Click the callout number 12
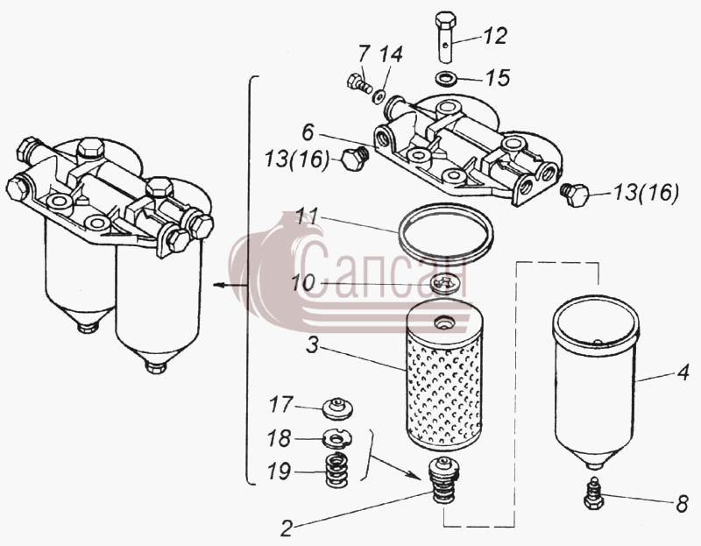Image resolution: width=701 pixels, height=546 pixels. [x=495, y=36]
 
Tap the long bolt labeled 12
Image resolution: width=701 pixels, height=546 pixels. [x=445, y=37]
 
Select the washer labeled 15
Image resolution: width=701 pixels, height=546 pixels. [x=445, y=79]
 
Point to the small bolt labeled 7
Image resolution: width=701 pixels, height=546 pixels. [x=359, y=83]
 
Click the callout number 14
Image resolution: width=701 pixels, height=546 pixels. [x=390, y=53]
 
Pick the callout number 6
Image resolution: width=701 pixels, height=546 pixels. [x=308, y=132]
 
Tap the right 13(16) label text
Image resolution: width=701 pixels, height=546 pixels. [x=646, y=193]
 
